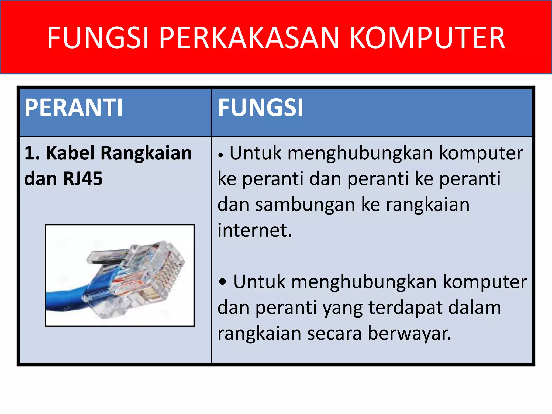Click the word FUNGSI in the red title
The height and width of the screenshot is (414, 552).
[98, 38]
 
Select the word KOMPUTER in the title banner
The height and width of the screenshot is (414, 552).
[427, 38]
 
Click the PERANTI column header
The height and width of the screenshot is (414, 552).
[74, 108]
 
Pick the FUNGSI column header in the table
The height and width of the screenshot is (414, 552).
[260, 108]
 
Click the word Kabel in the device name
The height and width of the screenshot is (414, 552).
[70, 153]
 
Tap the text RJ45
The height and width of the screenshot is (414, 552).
[83, 179]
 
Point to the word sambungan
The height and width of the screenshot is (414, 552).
[305, 205]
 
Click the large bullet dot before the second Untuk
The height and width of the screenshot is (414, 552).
[223, 282]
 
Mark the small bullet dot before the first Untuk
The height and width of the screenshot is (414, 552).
[221, 155]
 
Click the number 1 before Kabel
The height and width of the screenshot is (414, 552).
[29, 153]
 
